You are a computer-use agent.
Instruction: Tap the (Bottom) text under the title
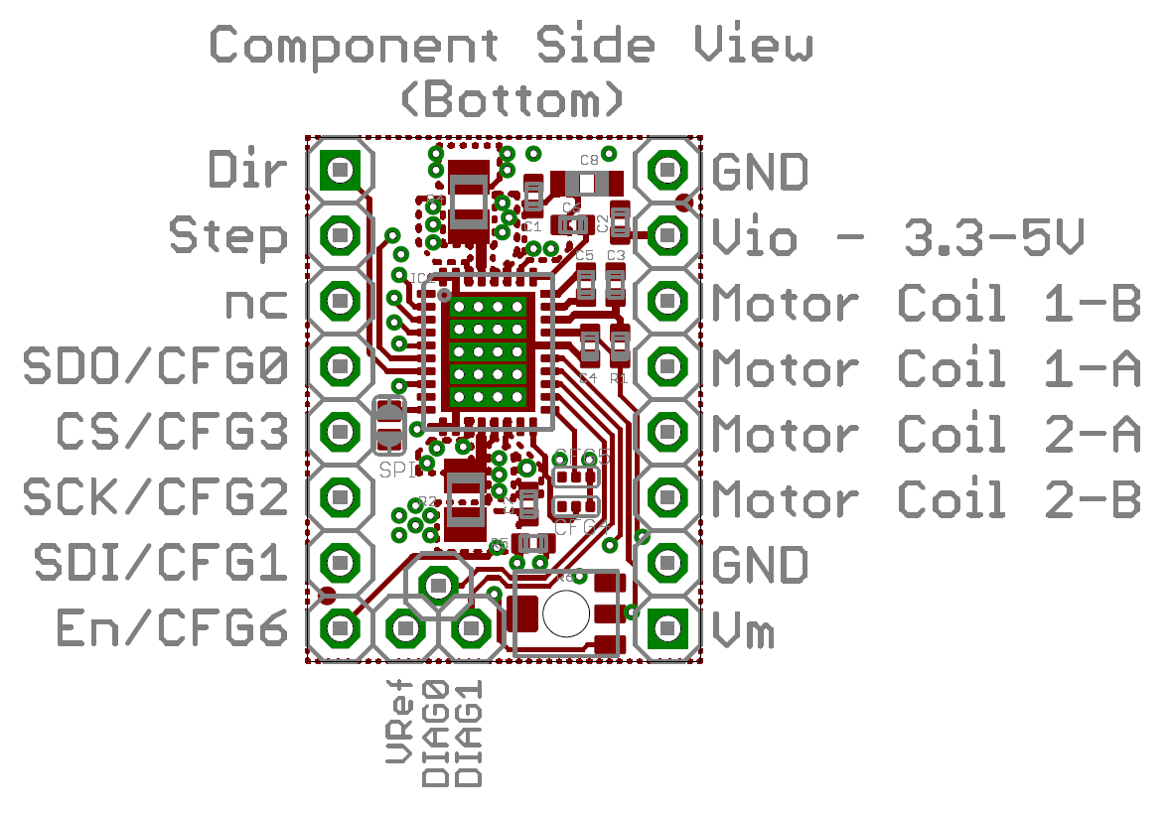pos(511,99)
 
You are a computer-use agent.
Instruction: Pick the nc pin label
pos(257,303)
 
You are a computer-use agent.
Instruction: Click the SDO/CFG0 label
pos(156,368)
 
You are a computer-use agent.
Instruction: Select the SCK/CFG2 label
pos(156,498)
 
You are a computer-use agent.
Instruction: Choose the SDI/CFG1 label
pos(161,564)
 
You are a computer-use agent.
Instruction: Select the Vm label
pos(743,630)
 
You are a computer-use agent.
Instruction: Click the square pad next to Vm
pos(666,627)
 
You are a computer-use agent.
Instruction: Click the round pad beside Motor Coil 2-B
pos(666,496)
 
